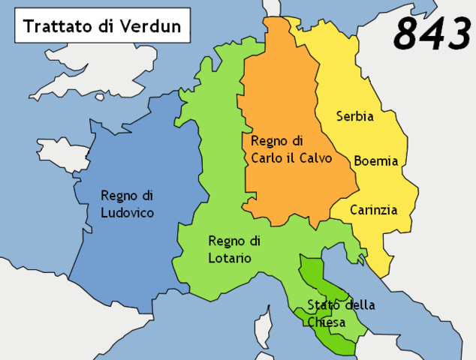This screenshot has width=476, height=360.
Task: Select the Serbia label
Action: tap(355, 116)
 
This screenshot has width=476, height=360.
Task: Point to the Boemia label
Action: tap(375, 160)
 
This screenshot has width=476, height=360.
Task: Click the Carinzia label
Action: tap(373, 210)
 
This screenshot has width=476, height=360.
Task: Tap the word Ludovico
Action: tap(128, 213)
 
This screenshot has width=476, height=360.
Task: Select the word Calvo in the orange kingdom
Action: tap(314, 157)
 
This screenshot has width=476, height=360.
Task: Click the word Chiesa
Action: tap(326, 322)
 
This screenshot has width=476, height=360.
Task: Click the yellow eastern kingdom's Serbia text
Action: tap(355, 116)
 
